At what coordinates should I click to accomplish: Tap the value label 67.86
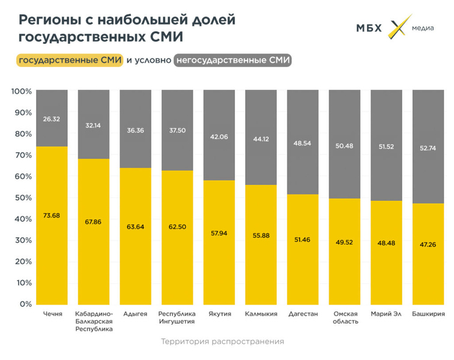pos(94,222)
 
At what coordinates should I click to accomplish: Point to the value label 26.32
pos(52,119)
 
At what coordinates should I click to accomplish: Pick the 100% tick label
pos(21,91)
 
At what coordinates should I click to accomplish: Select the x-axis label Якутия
pos(219,314)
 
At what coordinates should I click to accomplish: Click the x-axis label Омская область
pos(345,317)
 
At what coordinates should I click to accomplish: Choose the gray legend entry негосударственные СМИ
pos(232,61)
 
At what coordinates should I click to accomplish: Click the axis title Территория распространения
pos(222,341)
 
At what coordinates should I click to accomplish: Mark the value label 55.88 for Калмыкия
pos(261,235)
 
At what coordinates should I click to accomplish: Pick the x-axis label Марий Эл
pos(386,314)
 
